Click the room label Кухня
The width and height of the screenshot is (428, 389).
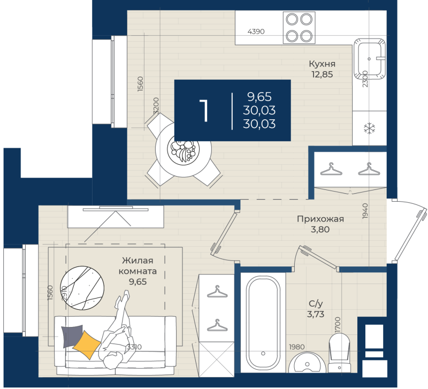click(x=322, y=64)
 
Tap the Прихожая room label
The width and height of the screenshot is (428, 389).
click(x=320, y=219)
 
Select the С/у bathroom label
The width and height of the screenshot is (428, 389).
click(x=316, y=303)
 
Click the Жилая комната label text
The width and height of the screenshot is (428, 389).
click(x=137, y=266)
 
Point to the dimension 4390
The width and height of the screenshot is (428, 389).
click(x=256, y=32)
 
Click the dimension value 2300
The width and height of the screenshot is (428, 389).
click(x=365, y=79)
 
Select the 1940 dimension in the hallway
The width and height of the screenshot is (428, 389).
click(x=365, y=211)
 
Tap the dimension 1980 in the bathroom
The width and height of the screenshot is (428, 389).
click(x=297, y=347)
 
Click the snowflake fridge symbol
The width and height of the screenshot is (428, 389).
click(x=370, y=128)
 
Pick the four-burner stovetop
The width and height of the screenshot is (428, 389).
click(x=299, y=27)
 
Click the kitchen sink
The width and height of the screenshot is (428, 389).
click(x=370, y=59)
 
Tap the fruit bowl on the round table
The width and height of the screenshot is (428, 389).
click(x=183, y=149)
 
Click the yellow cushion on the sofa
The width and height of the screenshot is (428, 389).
click(x=87, y=345)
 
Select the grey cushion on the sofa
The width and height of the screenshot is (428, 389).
click(x=71, y=335)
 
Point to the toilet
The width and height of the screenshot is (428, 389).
click(x=339, y=353)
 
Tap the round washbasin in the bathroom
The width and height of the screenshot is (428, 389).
click(x=307, y=363)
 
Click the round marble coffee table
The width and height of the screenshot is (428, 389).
click(x=82, y=288)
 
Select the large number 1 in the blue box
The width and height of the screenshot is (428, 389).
click(x=204, y=111)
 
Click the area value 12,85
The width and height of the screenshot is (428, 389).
click(x=322, y=74)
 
